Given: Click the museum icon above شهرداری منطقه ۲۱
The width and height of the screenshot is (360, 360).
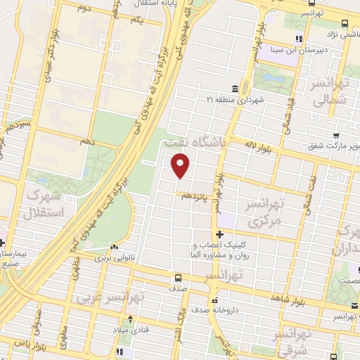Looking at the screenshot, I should [234, 89].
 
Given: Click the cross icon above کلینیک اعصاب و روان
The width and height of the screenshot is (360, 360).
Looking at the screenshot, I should [220, 234].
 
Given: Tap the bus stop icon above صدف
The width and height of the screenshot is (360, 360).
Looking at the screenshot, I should [179, 277].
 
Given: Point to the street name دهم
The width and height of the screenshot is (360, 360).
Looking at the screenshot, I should [86, 142].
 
